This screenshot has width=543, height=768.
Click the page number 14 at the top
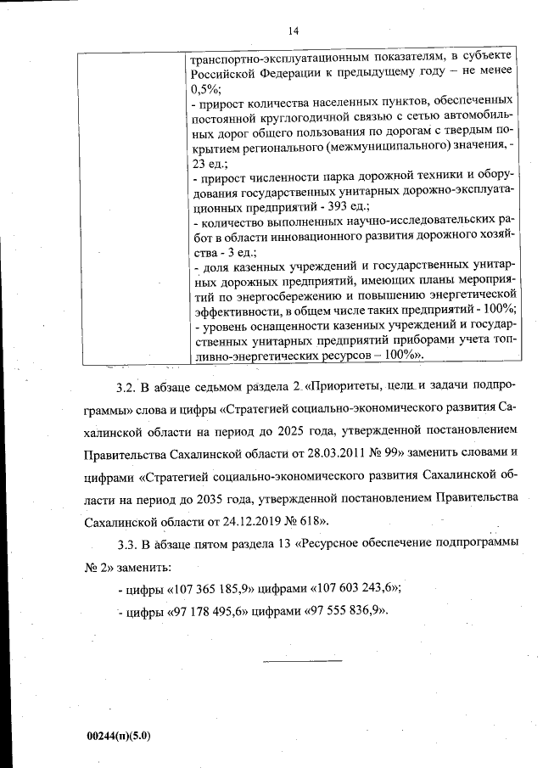click(x=294, y=31)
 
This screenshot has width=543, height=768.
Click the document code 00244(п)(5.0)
click(x=118, y=737)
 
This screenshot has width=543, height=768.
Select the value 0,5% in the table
click(x=205, y=87)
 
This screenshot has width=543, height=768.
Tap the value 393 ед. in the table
click(x=350, y=206)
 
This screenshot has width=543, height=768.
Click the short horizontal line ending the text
click(x=302, y=659)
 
